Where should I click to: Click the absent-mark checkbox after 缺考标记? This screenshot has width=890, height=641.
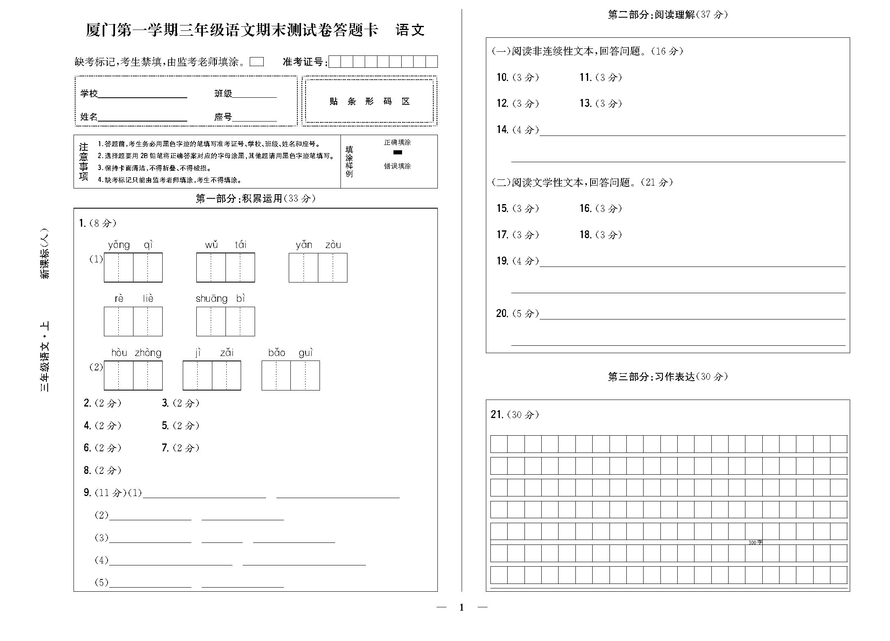point(257,62)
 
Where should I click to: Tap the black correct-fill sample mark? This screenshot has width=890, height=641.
point(398,152)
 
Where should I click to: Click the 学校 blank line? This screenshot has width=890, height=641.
point(143,94)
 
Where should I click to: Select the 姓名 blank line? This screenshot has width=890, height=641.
point(143,118)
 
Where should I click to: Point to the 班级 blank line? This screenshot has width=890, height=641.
point(255,94)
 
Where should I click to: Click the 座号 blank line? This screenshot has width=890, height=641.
point(255,118)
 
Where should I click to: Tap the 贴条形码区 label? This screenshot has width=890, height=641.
point(369,101)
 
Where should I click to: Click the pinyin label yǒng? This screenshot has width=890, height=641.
point(119,245)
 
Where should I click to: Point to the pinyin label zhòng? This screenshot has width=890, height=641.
point(148,353)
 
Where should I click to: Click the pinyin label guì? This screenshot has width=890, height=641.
point(306,353)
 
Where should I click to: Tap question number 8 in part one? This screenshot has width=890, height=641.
point(87,470)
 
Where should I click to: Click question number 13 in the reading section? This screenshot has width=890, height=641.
point(585,103)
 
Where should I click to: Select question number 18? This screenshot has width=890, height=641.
point(585,234)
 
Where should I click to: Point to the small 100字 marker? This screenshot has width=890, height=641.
point(755,542)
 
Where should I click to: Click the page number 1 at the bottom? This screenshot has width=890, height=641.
point(462,607)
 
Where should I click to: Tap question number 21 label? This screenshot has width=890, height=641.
point(497,414)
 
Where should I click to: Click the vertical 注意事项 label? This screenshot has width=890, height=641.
point(84,161)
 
